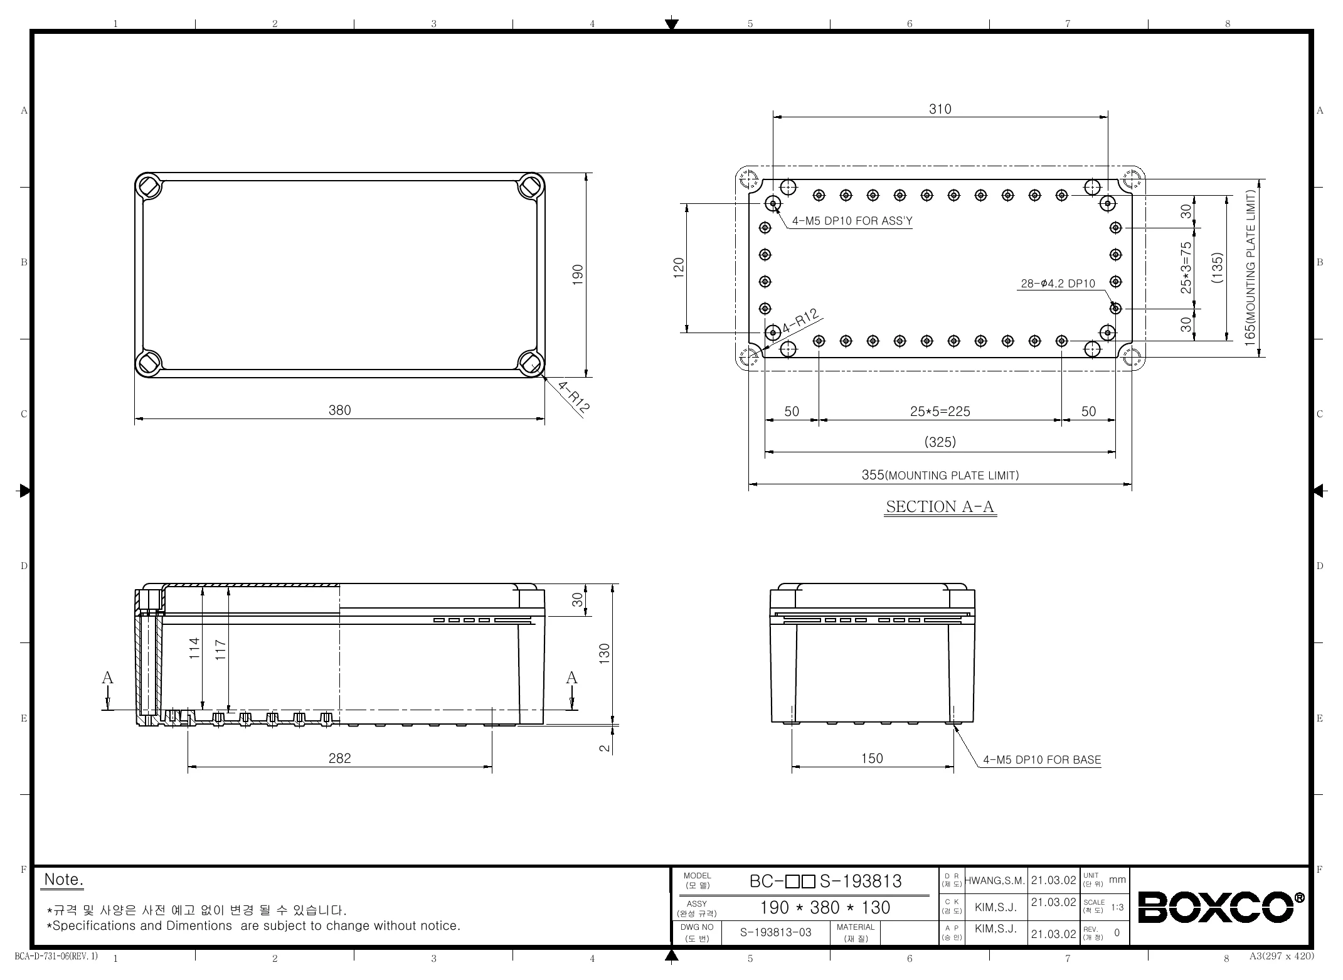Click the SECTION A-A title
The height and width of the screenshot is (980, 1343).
click(940, 506)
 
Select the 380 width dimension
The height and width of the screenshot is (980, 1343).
click(340, 410)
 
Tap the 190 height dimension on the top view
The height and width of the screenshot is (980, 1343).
click(578, 274)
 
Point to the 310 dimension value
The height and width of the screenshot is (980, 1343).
click(940, 109)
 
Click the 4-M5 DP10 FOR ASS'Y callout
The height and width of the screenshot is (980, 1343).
click(852, 221)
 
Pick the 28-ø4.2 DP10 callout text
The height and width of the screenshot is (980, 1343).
click(1058, 284)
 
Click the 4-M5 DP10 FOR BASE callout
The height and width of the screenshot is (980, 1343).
click(1042, 760)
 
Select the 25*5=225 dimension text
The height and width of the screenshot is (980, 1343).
click(940, 412)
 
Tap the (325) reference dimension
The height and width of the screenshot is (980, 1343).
click(940, 442)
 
